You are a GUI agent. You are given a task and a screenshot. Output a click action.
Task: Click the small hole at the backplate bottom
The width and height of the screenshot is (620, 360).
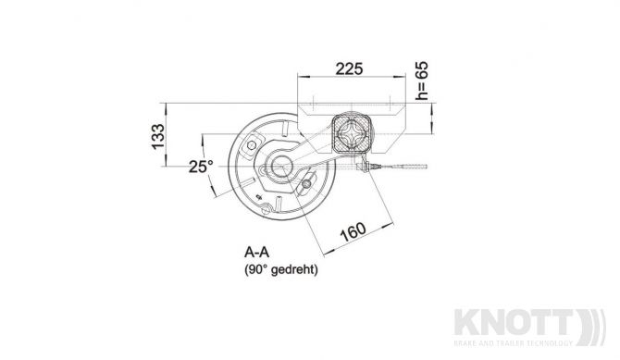pos(260,196)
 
